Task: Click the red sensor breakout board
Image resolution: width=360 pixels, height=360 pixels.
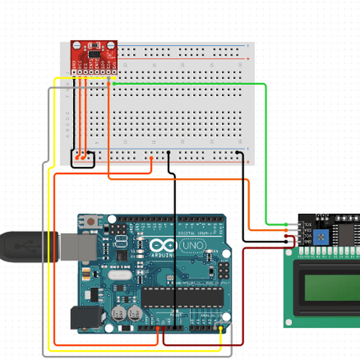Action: pyautogui.click(x=94, y=55)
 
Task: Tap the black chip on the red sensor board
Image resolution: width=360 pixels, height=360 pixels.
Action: pyautogui.click(x=95, y=53)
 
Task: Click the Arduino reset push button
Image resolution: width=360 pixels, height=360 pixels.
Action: pyautogui.click(x=91, y=221)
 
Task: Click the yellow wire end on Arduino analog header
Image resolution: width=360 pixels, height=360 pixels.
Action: pyautogui.click(x=221, y=329)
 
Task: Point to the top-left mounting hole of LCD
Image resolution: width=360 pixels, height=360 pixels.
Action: pyautogui.click(x=289, y=254)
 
